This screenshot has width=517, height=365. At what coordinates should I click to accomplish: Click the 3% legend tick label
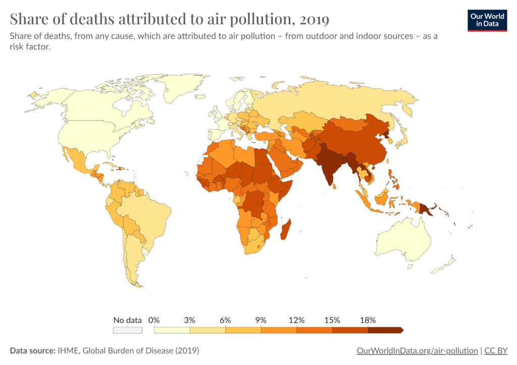(189, 320)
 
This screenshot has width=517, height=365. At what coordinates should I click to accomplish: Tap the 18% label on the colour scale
(368, 320)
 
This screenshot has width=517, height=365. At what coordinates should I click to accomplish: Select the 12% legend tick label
(296, 320)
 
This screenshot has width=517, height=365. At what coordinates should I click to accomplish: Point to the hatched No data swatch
(128, 330)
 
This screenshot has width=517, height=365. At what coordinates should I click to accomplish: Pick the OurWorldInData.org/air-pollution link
(417, 350)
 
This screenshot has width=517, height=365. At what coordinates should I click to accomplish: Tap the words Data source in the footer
(31, 350)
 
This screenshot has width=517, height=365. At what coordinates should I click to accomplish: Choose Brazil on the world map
(146, 212)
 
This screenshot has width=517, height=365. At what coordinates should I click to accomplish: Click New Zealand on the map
(447, 264)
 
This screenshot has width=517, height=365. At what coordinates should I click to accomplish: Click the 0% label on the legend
(154, 320)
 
